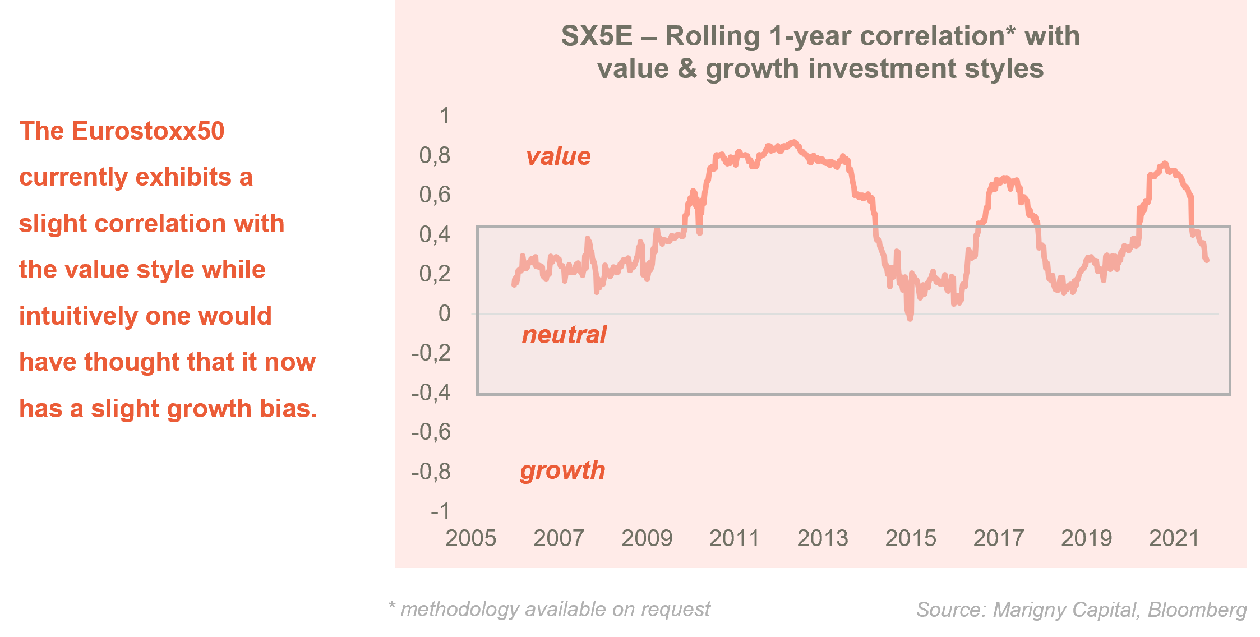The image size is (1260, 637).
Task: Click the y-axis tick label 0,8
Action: pyautogui.click(x=435, y=155)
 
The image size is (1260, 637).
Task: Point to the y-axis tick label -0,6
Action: pyautogui.click(x=431, y=432)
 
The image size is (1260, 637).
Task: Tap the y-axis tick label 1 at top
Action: pyautogui.click(x=444, y=116)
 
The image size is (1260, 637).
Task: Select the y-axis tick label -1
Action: pyautogui.click(x=440, y=511)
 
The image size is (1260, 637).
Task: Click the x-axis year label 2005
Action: pyautogui.click(x=470, y=538)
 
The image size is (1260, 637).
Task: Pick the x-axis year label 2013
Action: pyautogui.click(x=823, y=538)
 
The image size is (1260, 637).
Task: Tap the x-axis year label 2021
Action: pyautogui.click(x=1174, y=538)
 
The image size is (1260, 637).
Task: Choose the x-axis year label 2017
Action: pyautogui.click(x=998, y=538)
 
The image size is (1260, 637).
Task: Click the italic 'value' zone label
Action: pyautogui.click(x=558, y=156)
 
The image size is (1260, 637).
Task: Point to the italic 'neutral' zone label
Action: pyautogui.click(x=564, y=335)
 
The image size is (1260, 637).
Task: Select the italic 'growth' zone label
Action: pyautogui.click(x=562, y=470)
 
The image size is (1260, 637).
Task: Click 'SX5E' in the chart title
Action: pyautogui.click(x=597, y=36)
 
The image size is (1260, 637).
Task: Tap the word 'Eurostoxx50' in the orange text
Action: pyautogui.click(x=148, y=131)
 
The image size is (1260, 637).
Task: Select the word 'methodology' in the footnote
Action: pyautogui.click(x=459, y=610)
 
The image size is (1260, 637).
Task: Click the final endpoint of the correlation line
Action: pyautogui.click(x=1207, y=260)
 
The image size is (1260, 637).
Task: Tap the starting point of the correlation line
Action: pyautogui.click(x=514, y=285)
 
